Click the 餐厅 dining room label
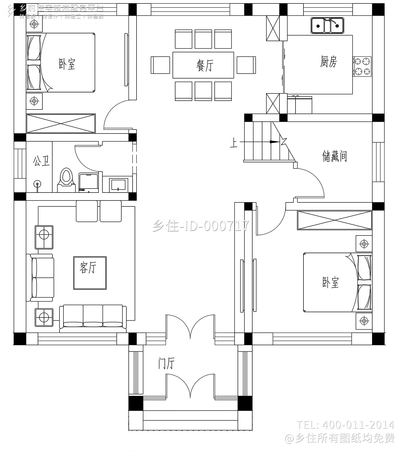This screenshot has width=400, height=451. pyautogui.click(x=205, y=65)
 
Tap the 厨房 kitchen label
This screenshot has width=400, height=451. pyautogui.click(x=329, y=62)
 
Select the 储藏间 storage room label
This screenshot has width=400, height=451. pyautogui.click(x=334, y=156)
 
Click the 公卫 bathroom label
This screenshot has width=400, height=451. pyautogui.click(x=41, y=161)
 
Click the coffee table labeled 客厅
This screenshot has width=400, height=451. pyautogui.click(x=90, y=273)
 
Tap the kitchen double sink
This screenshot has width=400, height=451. pyautogui.click(x=327, y=25)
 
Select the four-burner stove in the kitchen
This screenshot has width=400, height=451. pyautogui.click(x=362, y=66)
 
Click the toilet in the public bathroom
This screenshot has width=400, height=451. pyautogui.click(x=66, y=179)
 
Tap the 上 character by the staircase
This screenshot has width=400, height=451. pyautogui.click(x=234, y=143)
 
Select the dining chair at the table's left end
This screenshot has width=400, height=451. pyautogui.click(x=160, y=65)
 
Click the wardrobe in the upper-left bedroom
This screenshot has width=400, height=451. pyautogui.click(x=61, y=123)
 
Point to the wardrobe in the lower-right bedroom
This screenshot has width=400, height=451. pyautogui.click(x=334, y=220)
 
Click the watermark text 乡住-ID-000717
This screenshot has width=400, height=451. pyautogui.click(x=201, y=226)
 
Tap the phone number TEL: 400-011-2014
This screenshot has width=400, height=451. pyautogui.click(x=345, y=424)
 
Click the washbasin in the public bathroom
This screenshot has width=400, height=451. pyautogui.click(x=118, y=185)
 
